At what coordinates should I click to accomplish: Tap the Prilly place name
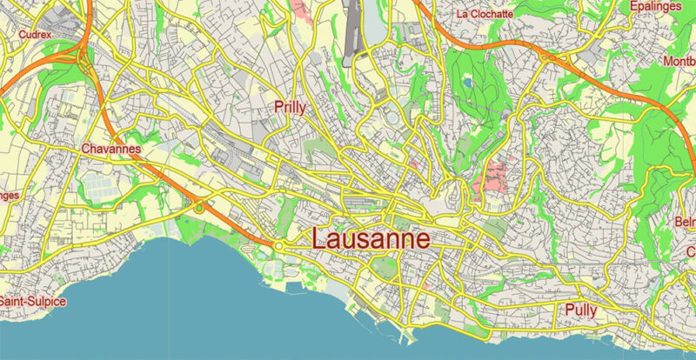tap(290, 107)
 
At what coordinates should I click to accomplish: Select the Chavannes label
tap(110, 149)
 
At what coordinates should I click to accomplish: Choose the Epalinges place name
tap(658, 6)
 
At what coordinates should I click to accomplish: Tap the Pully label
tap(580, 310)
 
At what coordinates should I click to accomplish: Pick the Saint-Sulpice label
tap(32, 301)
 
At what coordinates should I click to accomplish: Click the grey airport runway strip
tap(355, 26)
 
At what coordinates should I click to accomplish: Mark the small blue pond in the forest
tap(468, 83)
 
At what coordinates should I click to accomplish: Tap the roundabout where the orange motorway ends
tap(279, 247)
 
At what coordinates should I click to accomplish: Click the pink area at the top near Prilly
tap(300, 11)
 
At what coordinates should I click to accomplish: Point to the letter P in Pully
tap(569, 310)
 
